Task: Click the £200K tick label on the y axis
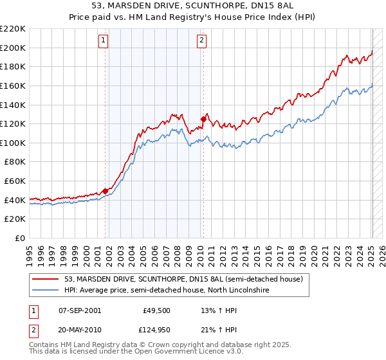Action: point(13,48)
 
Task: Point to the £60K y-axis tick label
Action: point(15,181)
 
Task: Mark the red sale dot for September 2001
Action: point(105,191)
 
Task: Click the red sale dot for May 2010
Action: point(203,119)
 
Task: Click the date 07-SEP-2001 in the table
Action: point(79,310)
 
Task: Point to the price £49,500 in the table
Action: point(156,310)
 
